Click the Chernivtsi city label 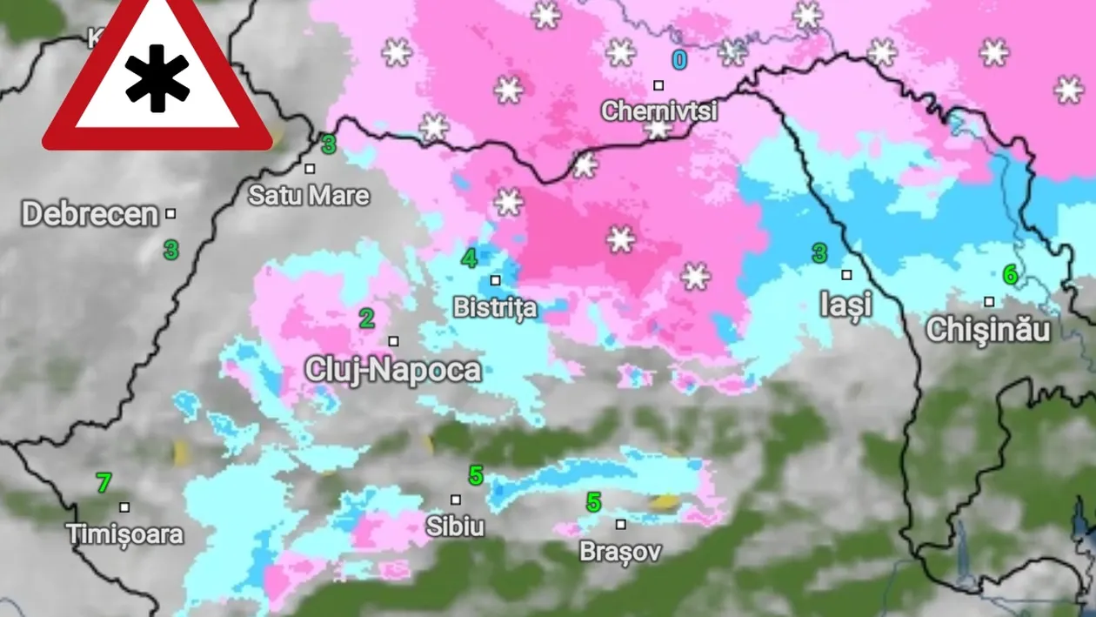click(658, 111)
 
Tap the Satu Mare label click(309, 195)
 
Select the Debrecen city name click(90, 214)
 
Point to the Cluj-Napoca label click(392, 370)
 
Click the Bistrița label click(495, 308)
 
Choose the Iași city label click(845, 304)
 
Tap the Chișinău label click(988, 330)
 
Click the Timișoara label click(125, 533)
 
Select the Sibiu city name click(455, 526)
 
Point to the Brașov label click(620, 552)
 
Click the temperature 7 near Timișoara click(104, 482)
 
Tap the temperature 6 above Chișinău click(1010, 275)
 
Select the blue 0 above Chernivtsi click(678, 60)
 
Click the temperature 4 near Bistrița click(470, 258)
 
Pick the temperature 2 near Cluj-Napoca click(367, 319)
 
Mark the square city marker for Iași click(846, 275)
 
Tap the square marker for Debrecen click(170, 213)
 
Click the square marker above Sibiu click(456, 500)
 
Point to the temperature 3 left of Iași click(819, 253)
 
